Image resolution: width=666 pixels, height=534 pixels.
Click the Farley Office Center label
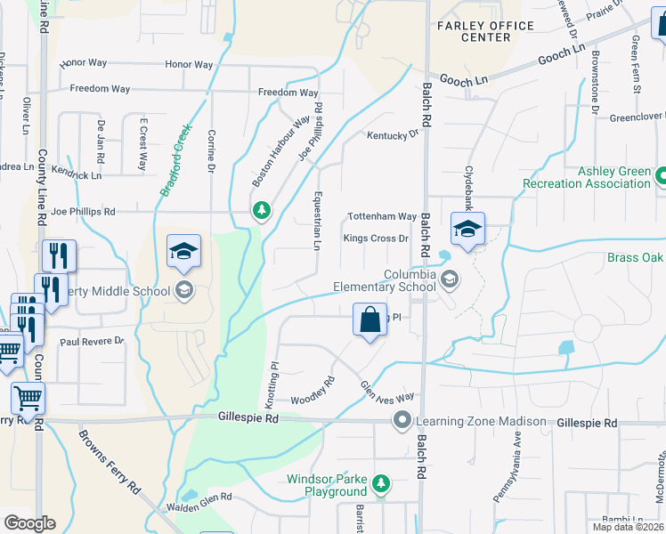tap(486, 31)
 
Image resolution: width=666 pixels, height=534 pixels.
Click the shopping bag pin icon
tap(370, 319)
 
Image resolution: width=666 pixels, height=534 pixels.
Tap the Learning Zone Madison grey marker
tap(402, 420)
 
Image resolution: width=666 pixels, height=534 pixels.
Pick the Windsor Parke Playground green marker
tap(381, 483)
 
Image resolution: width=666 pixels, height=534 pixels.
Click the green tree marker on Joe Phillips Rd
tap(261, 210)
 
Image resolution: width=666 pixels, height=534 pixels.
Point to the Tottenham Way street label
tap(382, 216)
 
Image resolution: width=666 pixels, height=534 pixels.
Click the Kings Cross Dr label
tap(376, 239)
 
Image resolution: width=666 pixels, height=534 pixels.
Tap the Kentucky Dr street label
tap(393, 134)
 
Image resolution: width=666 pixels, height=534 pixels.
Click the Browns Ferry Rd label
tap(110, 463)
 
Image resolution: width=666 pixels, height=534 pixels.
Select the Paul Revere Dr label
tap(92, 341)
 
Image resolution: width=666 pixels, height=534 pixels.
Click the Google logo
tap(29, 522)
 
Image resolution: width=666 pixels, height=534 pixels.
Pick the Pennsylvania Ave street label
tap(517, 462)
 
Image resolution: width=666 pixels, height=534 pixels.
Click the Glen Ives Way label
tap(387, 392)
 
